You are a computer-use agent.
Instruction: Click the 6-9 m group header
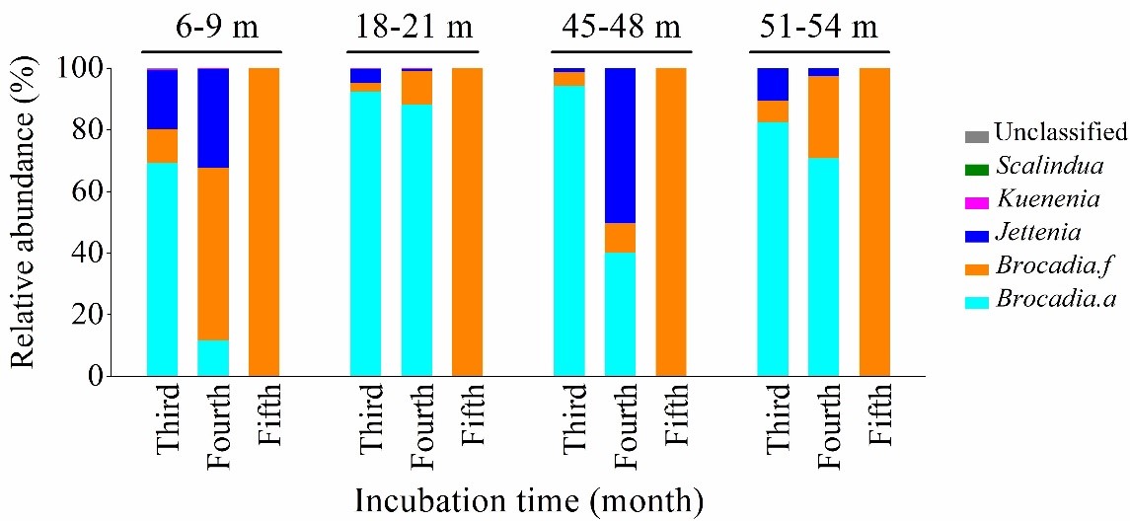[x=211, y=28]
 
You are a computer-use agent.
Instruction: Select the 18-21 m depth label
[x=412, y=28]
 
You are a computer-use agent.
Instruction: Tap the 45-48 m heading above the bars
[x=618, y=28]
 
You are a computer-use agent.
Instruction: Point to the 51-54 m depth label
[x=820, y=28]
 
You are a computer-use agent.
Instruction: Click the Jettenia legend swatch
[x=976, y=233]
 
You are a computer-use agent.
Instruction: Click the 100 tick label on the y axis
[x=89, y=68]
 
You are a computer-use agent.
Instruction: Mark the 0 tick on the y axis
[x=106, y=376]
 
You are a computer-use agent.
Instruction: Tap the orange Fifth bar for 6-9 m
[x=264, y=222]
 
